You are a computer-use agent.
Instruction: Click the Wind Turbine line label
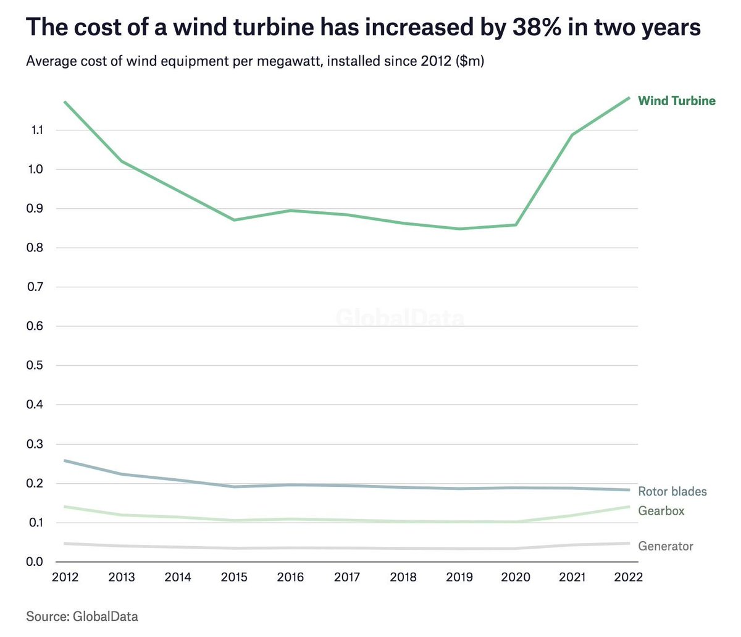[676, 101]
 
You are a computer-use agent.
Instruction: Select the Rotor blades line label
[672, 492]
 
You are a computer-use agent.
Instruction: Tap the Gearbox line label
[661, 511]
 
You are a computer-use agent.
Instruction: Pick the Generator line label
[665, 546]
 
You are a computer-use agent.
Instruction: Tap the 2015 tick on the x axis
[234, 577]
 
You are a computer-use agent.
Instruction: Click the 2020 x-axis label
[516, 577]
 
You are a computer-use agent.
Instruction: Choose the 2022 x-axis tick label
[629, 577]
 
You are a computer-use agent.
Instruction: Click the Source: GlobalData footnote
[82, 616]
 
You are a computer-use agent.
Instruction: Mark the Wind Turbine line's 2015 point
[234, 220]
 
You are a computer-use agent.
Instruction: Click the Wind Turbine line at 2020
[516, 224]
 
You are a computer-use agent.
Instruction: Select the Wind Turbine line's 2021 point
[572, 135]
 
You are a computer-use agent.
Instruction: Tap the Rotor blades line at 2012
[65, 460]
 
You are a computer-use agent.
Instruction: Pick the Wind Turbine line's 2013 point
[122, 161]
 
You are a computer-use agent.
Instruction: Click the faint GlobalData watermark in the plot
[400, 318]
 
